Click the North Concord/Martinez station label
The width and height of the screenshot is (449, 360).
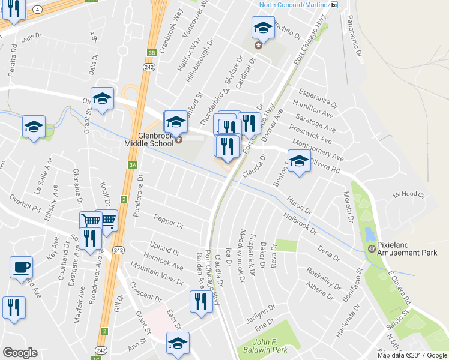point(295,5)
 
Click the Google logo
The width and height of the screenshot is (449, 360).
point(20,353)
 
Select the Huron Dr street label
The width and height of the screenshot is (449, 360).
point(299,207)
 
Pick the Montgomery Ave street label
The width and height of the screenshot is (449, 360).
point(317,150)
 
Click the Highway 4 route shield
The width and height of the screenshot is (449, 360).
point(37,9)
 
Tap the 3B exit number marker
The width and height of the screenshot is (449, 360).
point(152,53)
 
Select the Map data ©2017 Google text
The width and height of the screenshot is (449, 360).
point(412,355)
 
